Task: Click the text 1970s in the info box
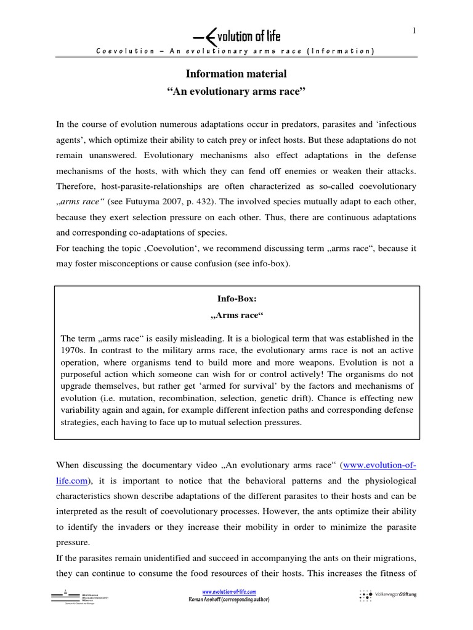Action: click(x=75, y=350)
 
